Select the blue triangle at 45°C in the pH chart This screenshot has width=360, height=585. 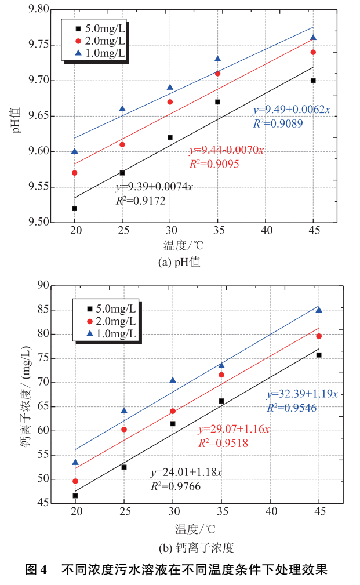pos(313,38)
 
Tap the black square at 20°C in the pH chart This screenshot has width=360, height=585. pos(75,208)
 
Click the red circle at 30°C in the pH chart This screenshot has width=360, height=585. pos(170,102)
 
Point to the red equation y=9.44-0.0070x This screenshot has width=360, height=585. pos(226,151)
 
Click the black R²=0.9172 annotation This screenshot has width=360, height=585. pos(141,201)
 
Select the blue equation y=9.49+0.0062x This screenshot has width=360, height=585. pos(290,110)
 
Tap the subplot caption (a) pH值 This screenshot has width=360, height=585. pos(180,262)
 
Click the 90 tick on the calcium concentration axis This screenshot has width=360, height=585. pos(42,285)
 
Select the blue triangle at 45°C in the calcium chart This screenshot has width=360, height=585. pos(319,310)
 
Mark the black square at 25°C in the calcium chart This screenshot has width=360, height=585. pos(124,467)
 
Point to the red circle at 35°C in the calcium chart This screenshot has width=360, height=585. pos(221,375)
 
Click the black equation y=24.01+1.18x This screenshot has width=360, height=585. pos(186,473)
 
